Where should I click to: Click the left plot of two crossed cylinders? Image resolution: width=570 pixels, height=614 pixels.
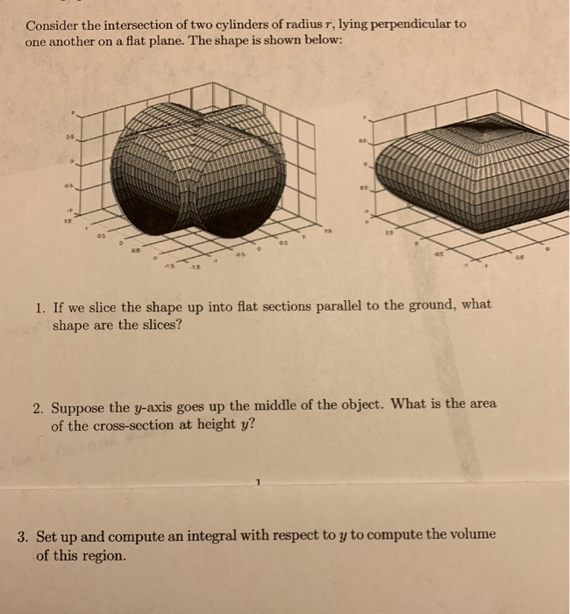tap(197, 171)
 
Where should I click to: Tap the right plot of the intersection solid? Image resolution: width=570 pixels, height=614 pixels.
tap(456, 175)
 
